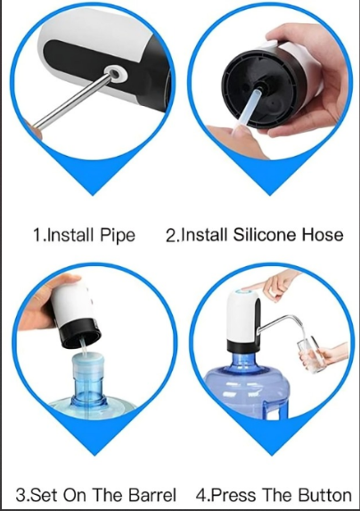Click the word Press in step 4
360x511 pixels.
tap(233, 495)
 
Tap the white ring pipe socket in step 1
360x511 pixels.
tap(116, 74)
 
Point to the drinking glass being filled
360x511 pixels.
tap(309, 355)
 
